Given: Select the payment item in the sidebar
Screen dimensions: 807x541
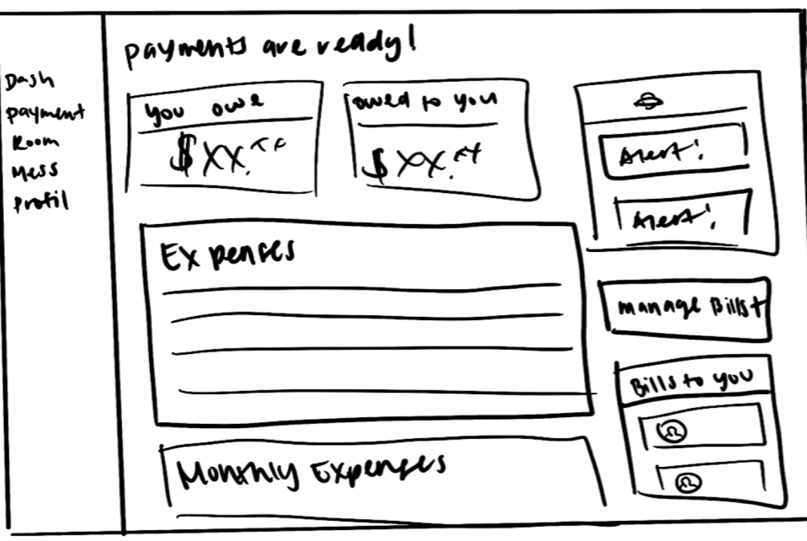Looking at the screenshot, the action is coord(45,113).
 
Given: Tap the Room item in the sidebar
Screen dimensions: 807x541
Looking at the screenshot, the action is coord(35,142).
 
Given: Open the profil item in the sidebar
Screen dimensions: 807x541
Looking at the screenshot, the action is coord(41,202).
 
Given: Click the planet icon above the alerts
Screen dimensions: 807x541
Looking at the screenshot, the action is coord(648,101).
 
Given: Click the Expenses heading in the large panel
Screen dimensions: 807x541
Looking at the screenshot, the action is coord(227,254).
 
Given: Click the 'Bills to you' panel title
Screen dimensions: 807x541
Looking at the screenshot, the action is coord(691,382).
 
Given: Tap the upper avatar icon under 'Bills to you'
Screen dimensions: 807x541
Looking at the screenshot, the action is coord(672,431).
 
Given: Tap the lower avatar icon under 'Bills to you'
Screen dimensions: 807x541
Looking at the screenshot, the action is coord(688,482).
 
